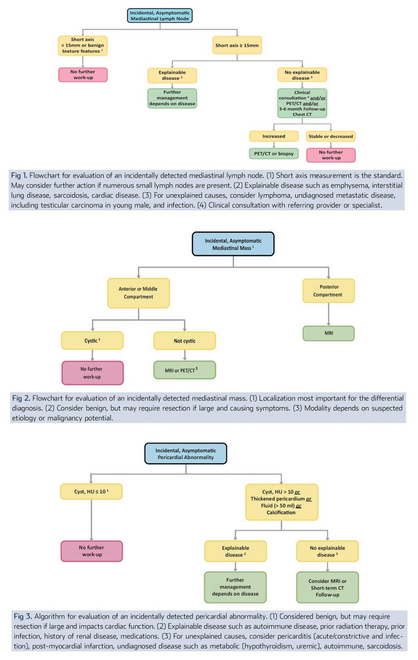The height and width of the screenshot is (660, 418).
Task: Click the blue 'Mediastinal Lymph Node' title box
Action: pos(160,16)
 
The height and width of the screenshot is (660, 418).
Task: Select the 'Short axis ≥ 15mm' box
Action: pos(237,45)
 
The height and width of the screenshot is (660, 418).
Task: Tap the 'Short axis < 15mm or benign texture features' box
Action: pos(82,46)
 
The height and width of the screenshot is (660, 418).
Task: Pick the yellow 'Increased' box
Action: pos(274,136)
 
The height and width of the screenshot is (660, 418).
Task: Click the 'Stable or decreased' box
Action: pos(330,136)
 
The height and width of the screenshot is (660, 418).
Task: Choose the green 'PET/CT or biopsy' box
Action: pos(274,153)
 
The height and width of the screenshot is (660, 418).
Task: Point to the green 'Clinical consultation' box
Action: pos(302,103)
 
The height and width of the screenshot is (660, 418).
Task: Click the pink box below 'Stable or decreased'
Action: pos(331,155)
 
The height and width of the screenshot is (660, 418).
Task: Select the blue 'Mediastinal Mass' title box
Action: pos(233,244)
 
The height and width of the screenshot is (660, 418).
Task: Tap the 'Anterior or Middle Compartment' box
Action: pos(138,293)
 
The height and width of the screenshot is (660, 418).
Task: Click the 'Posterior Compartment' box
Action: pos(329,291)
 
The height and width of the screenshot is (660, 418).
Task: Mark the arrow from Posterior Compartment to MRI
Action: pos(329,315)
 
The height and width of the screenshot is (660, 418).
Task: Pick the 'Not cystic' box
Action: pos(184,341)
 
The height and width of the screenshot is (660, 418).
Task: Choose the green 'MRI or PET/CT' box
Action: pos(184,370)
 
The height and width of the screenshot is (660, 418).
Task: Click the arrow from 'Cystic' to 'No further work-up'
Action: pos(92,355)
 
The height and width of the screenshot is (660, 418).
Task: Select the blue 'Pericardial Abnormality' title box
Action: pos(186,454)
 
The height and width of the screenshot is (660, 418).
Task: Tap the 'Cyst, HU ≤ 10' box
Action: pos(91,492)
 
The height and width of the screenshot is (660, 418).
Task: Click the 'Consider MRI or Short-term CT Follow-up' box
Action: pos(327,587)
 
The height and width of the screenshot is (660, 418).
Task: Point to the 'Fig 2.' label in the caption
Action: pos(21,398)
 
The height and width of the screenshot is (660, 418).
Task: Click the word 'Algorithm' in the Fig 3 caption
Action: pos(49,617)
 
